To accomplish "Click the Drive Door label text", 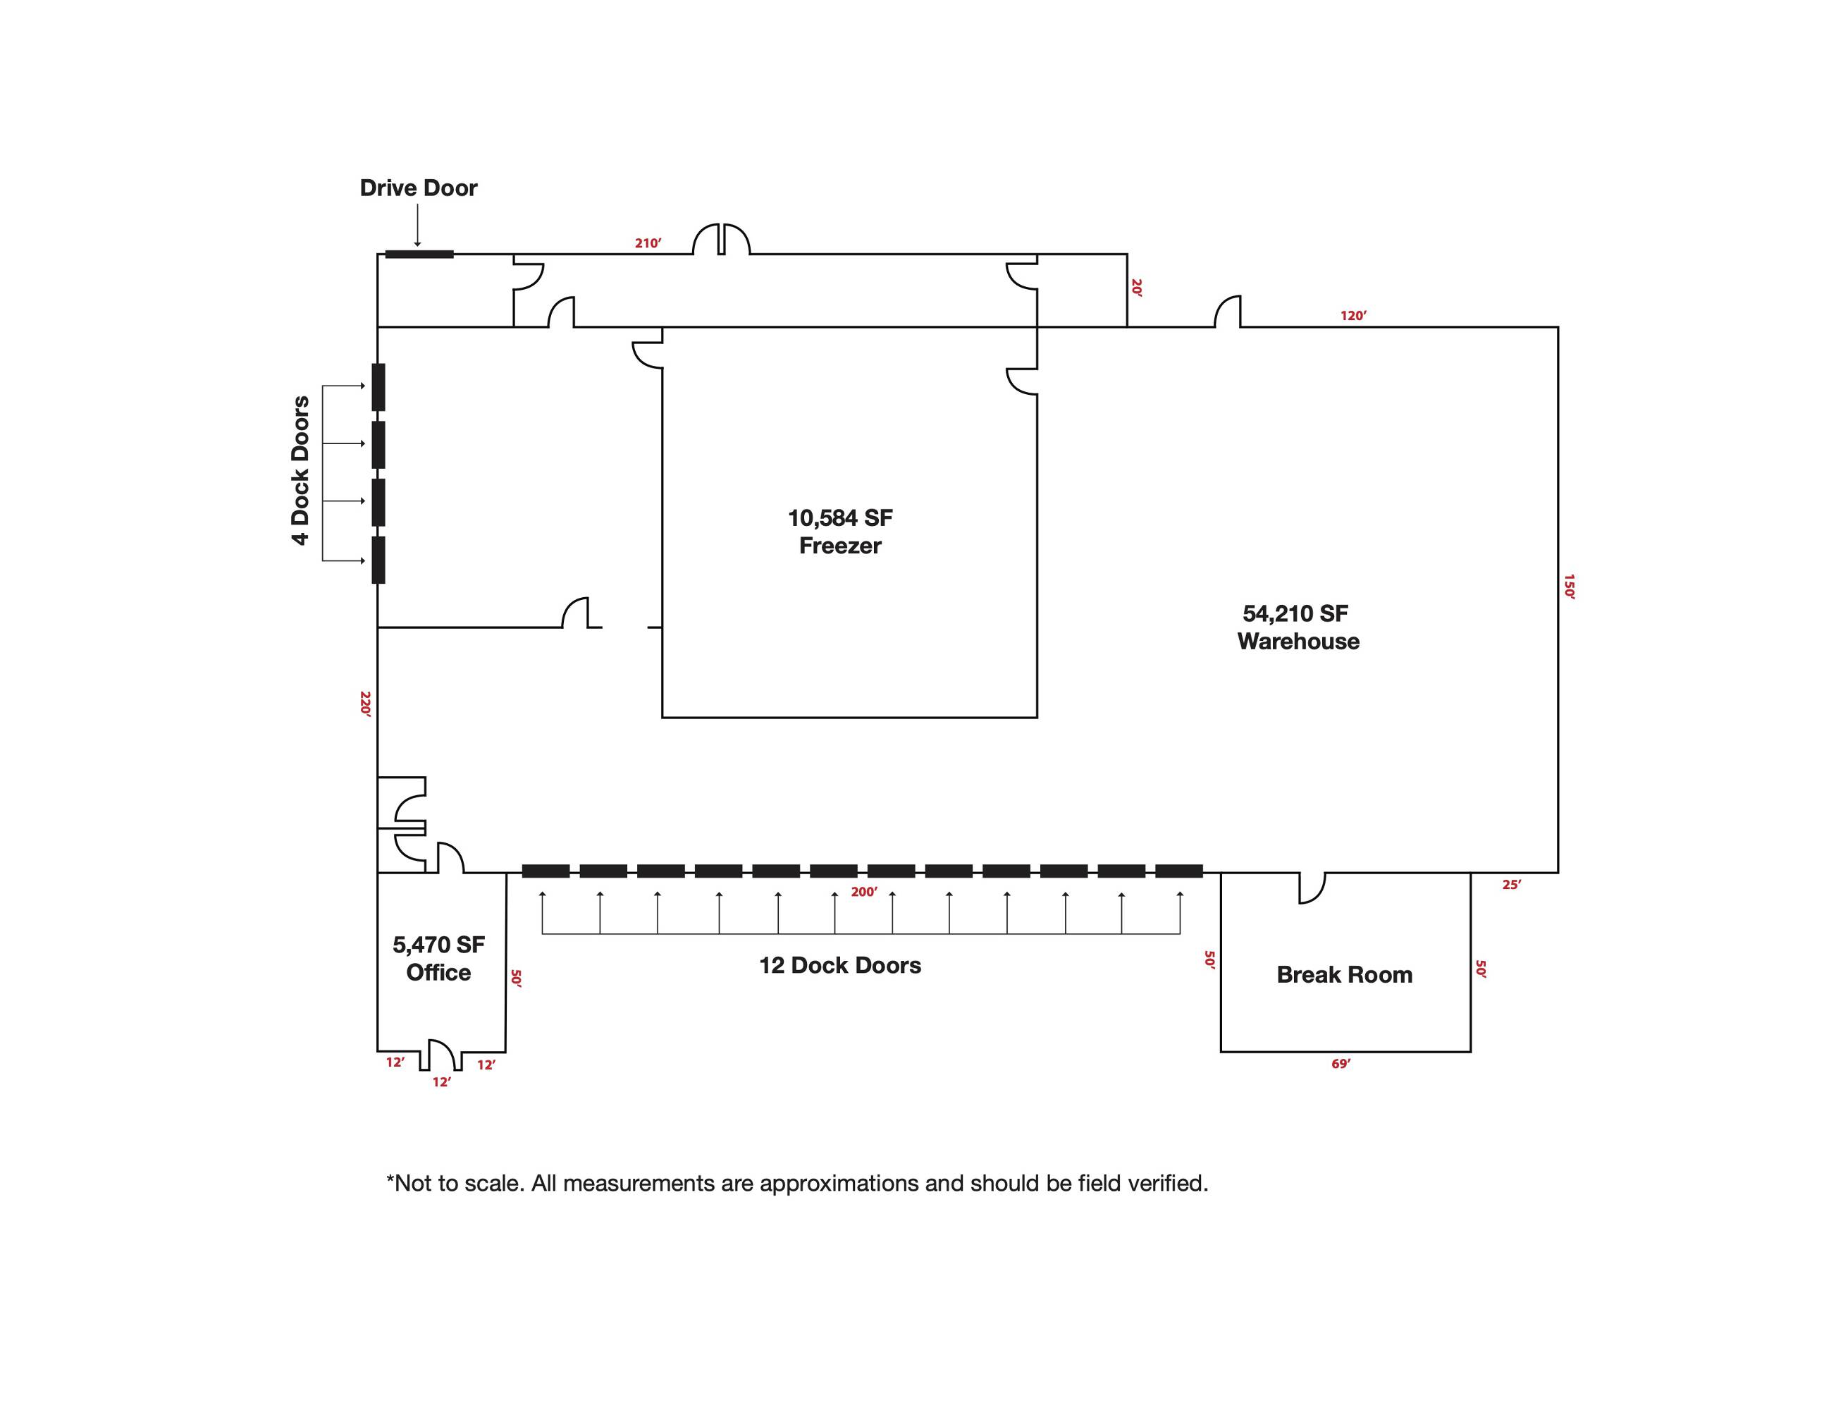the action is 419,188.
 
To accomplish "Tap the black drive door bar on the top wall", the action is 419,254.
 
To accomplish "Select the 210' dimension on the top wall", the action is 648,243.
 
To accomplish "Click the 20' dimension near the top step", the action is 1137,288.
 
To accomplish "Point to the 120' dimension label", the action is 1354,316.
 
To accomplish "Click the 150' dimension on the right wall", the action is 1570,587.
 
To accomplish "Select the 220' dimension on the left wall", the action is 365,704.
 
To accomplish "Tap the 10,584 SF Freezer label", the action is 840,532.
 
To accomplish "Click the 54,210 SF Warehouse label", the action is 1298,627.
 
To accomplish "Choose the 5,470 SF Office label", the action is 438,958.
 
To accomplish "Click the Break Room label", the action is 1345,975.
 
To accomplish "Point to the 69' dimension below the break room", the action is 1341,1064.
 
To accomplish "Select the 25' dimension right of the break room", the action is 1512,885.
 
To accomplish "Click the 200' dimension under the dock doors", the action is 864,892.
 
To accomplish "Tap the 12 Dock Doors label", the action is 840,966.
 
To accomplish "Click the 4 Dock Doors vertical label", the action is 301,470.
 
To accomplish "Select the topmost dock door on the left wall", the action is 378,387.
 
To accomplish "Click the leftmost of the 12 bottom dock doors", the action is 546,871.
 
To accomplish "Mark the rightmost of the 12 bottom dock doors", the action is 1179,871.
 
